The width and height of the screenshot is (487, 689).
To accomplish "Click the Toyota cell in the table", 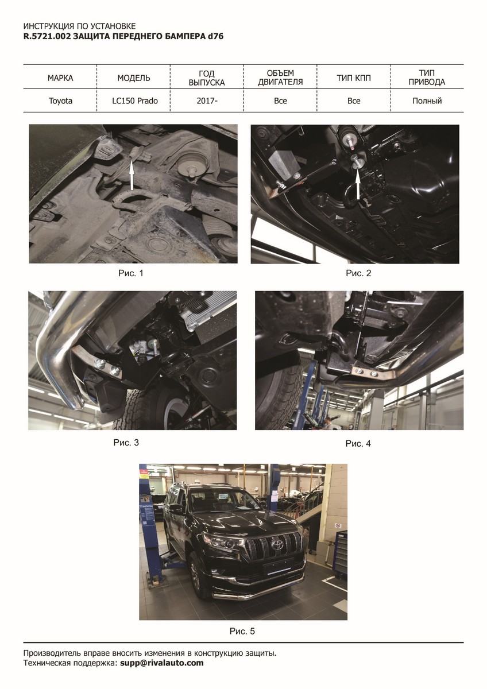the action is (x=60, y=101).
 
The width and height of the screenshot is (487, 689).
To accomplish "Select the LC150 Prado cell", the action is (x=135, y=101).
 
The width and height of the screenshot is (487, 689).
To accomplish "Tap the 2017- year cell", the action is (x=207, y=101).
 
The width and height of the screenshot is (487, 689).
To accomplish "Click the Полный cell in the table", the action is (x=427, y=101).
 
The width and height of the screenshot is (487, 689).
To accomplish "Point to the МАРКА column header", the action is (x=60, y=78).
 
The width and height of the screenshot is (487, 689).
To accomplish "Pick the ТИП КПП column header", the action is (x=354, y=78).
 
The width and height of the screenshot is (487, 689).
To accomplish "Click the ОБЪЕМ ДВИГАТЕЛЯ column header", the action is (x=280, y=78).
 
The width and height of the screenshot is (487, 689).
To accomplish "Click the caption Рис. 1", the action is (x=131, y=273).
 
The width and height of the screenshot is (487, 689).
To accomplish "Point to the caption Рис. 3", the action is (x=126, y=443).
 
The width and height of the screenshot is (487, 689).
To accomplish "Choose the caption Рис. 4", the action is (x=358, y=443).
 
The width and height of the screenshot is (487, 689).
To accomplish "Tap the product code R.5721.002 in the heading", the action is (x=47, y=37).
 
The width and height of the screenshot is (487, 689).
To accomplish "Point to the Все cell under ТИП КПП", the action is (x=354, y=101).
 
